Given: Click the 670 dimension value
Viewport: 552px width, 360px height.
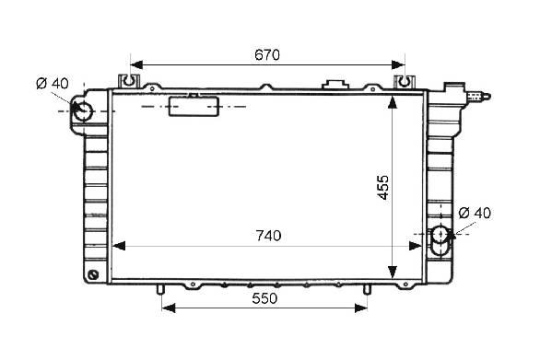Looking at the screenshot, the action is (267, 55).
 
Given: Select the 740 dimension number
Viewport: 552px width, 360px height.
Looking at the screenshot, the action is (268, 236).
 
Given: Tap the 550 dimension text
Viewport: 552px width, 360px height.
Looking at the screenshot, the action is (264, 298).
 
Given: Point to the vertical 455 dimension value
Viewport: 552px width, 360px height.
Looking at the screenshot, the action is (383, 188).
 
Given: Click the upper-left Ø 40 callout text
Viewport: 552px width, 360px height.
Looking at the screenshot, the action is (53, 84).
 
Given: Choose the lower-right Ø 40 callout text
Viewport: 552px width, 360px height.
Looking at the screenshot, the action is (475, 213).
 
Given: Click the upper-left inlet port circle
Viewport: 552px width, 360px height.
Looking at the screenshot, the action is (83, 111).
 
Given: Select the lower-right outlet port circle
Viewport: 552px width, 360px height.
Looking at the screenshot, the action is (440, 235).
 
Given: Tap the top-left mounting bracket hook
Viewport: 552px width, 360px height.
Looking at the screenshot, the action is (129, 81).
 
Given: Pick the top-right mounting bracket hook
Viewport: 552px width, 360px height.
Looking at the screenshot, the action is (405, 82).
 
